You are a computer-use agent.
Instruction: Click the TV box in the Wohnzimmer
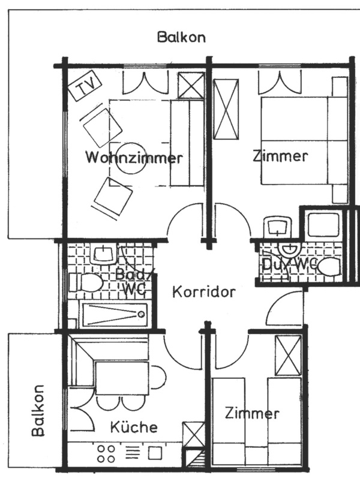click(85, 85)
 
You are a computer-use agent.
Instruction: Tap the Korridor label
click(204, 292)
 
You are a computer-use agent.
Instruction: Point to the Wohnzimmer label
click(134, 158)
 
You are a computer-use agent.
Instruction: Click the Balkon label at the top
click(181, 37)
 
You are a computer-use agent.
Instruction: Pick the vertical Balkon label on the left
click(38, 410)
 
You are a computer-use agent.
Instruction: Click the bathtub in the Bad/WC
click(115, 314)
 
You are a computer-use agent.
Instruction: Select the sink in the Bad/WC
click(103, 254)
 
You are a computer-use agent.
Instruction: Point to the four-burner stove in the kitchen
click(106, 454)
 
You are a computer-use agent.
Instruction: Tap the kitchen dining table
click(122, 378)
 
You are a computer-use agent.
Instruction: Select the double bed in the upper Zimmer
click(304, 141)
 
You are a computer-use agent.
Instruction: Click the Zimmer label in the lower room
click(252, 414)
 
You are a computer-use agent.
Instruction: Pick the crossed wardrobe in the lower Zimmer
click(288, 356)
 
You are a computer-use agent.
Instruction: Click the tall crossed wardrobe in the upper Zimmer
click(226, 109)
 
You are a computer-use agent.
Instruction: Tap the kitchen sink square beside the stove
click(155, 453)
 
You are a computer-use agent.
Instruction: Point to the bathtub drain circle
click(141, 314)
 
